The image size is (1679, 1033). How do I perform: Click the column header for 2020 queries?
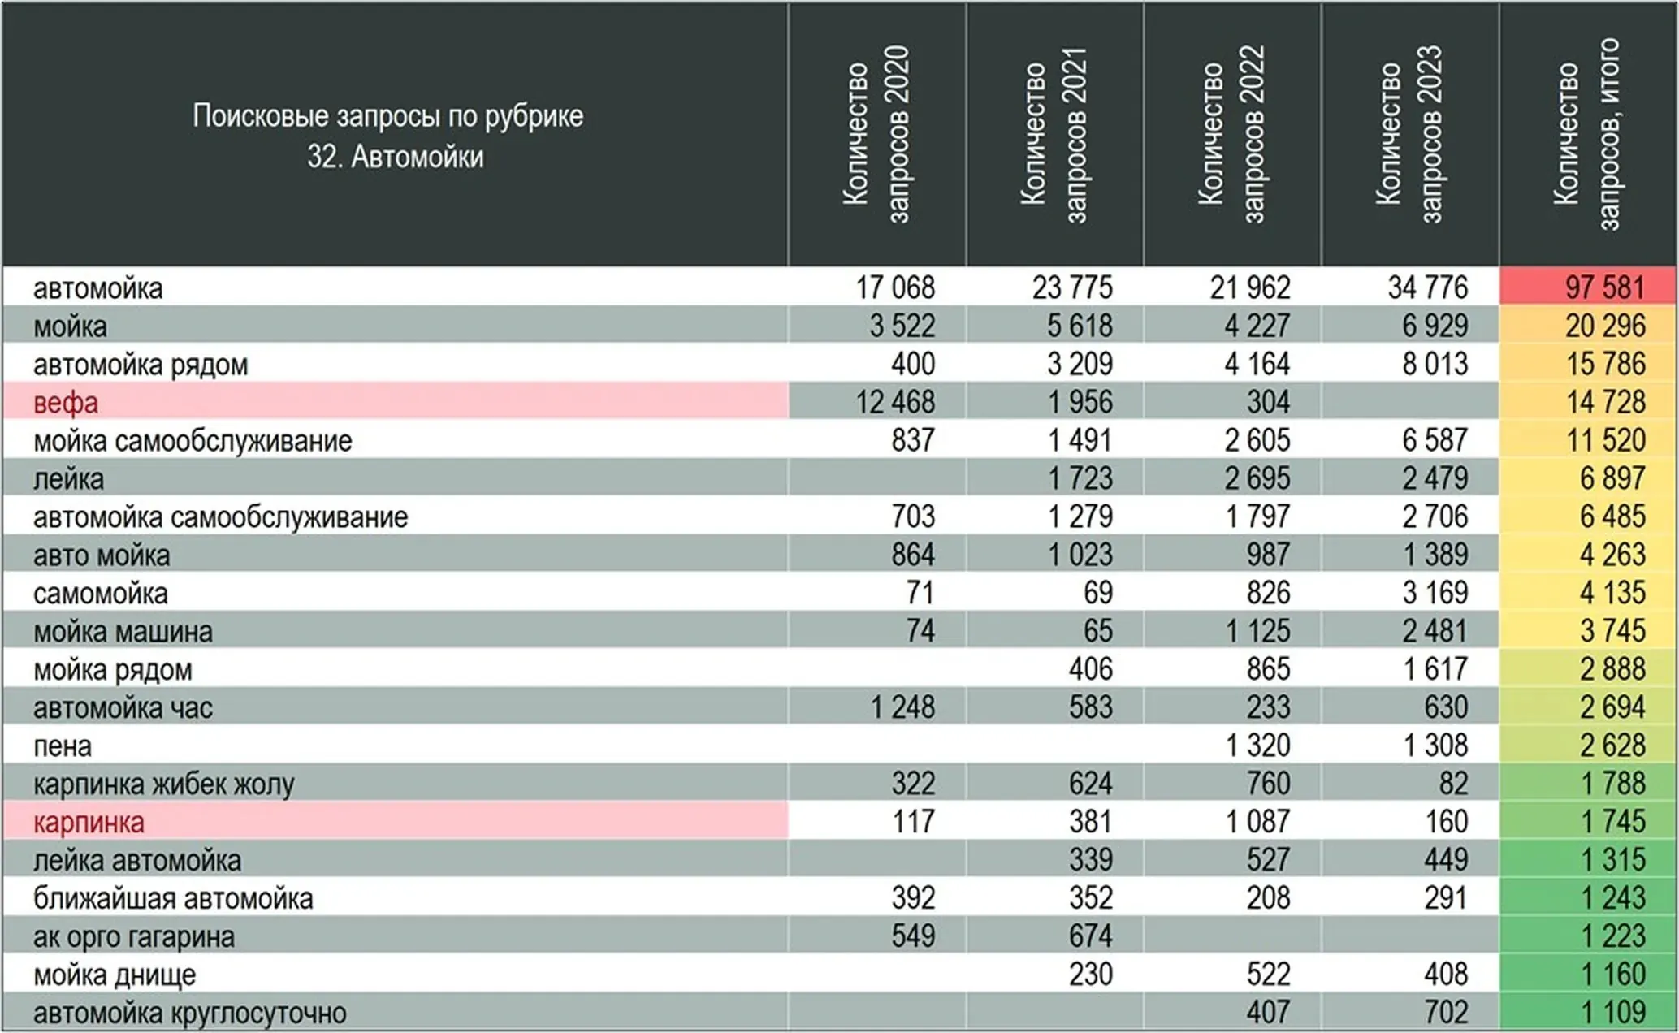coord(876,134)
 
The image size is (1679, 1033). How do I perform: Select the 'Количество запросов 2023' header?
coord(1409,134)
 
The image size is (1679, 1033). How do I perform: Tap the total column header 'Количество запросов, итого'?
coord(1587,134)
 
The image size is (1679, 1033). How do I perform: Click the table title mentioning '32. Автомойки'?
coord(388,136)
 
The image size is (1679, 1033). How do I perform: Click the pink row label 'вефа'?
coord(66,402)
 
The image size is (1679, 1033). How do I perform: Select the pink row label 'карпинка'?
coord(89,822)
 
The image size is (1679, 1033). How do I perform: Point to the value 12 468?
coord(894,402)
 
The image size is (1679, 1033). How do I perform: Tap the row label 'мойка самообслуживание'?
coord(193,440)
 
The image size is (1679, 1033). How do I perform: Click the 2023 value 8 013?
coord(1435,364)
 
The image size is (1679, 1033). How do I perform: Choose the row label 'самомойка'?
coord(101,593)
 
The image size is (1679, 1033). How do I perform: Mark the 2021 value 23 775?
coord(1072,287)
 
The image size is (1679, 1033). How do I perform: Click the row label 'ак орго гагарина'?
coord(134,936)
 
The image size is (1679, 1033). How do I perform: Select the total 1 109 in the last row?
coord(1612,1013)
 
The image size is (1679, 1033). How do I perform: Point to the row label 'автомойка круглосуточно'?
coord(190,1013)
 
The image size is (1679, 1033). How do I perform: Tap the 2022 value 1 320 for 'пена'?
coord(1257,746)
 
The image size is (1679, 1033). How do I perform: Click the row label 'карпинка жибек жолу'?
coord(164,784)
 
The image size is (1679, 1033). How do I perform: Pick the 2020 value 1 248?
coord(902,707)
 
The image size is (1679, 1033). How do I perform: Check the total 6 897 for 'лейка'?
coord(1612,478)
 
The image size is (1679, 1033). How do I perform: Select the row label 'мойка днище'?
coord(115,975)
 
